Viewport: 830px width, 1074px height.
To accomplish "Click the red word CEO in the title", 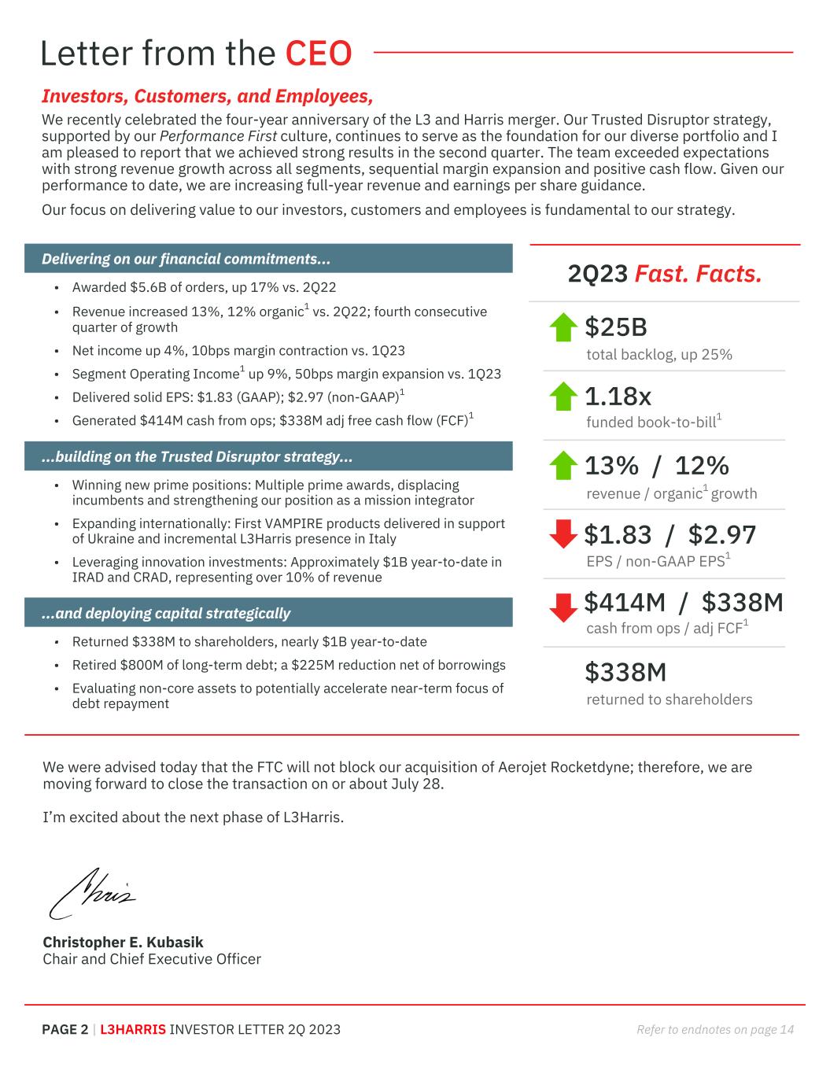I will click(x=318, y=54).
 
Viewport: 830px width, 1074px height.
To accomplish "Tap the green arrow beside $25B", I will click(x=563, y=327).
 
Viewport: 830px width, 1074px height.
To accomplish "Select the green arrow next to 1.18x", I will click(x=563, y=397).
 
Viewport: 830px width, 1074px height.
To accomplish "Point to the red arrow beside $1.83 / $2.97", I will click(x=563, y=534).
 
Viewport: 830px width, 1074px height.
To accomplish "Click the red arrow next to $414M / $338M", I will click(x=563, y=607).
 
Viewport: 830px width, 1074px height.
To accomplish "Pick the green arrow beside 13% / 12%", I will click(x=563, y=465).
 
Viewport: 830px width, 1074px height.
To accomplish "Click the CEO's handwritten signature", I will click(x=92, y=892).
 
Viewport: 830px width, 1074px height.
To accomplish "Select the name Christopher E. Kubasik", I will click(x=123, y=942).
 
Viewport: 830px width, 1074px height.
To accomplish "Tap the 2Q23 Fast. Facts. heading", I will click(x=664, y=274).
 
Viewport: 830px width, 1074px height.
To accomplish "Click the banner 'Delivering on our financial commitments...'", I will click(x=268, y=259).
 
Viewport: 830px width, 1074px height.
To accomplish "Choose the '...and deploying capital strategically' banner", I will click(x=268, y=613).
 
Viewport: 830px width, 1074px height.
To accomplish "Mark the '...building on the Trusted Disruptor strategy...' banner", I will click(x=268, y=456).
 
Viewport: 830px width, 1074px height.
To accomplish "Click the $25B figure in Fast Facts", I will click(x=615, y=327).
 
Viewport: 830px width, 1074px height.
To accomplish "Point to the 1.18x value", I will click(x=618, y=396).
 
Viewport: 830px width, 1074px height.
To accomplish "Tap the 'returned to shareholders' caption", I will click(x=669, y=699).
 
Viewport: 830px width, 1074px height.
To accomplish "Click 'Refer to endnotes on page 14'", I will click(x=714, y=1029).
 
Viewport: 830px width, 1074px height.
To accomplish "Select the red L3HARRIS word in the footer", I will click(x=133, y=1029).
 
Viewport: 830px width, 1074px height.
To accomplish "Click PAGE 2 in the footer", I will click(x=65, y=1029).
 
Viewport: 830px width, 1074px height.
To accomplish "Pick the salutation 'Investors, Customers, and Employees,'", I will click(x=207, y=96).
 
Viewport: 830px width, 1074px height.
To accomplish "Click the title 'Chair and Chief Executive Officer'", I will click(x=152, y=959).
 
